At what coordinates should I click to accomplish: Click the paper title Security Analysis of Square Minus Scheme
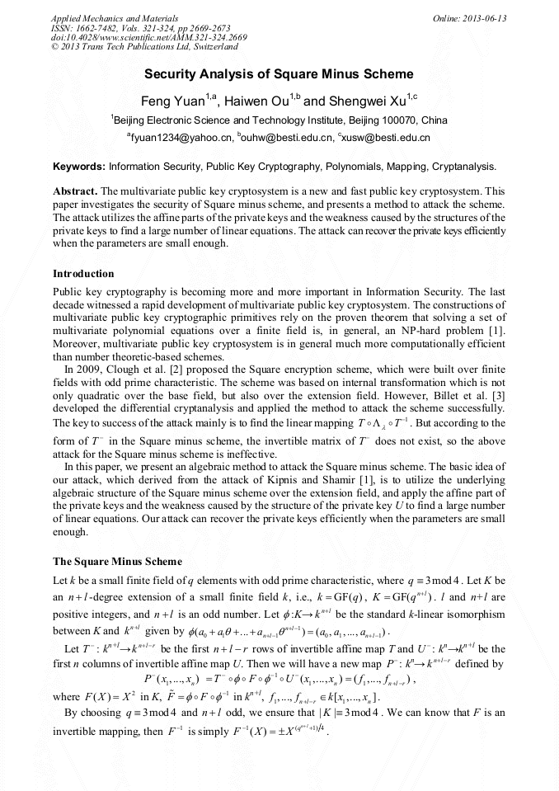(x=279, y=73)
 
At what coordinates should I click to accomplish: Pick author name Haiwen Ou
(x=257, y=101)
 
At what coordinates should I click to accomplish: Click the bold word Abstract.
(x=75, y=190)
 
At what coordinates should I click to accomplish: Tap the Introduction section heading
(x=83, y=273)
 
